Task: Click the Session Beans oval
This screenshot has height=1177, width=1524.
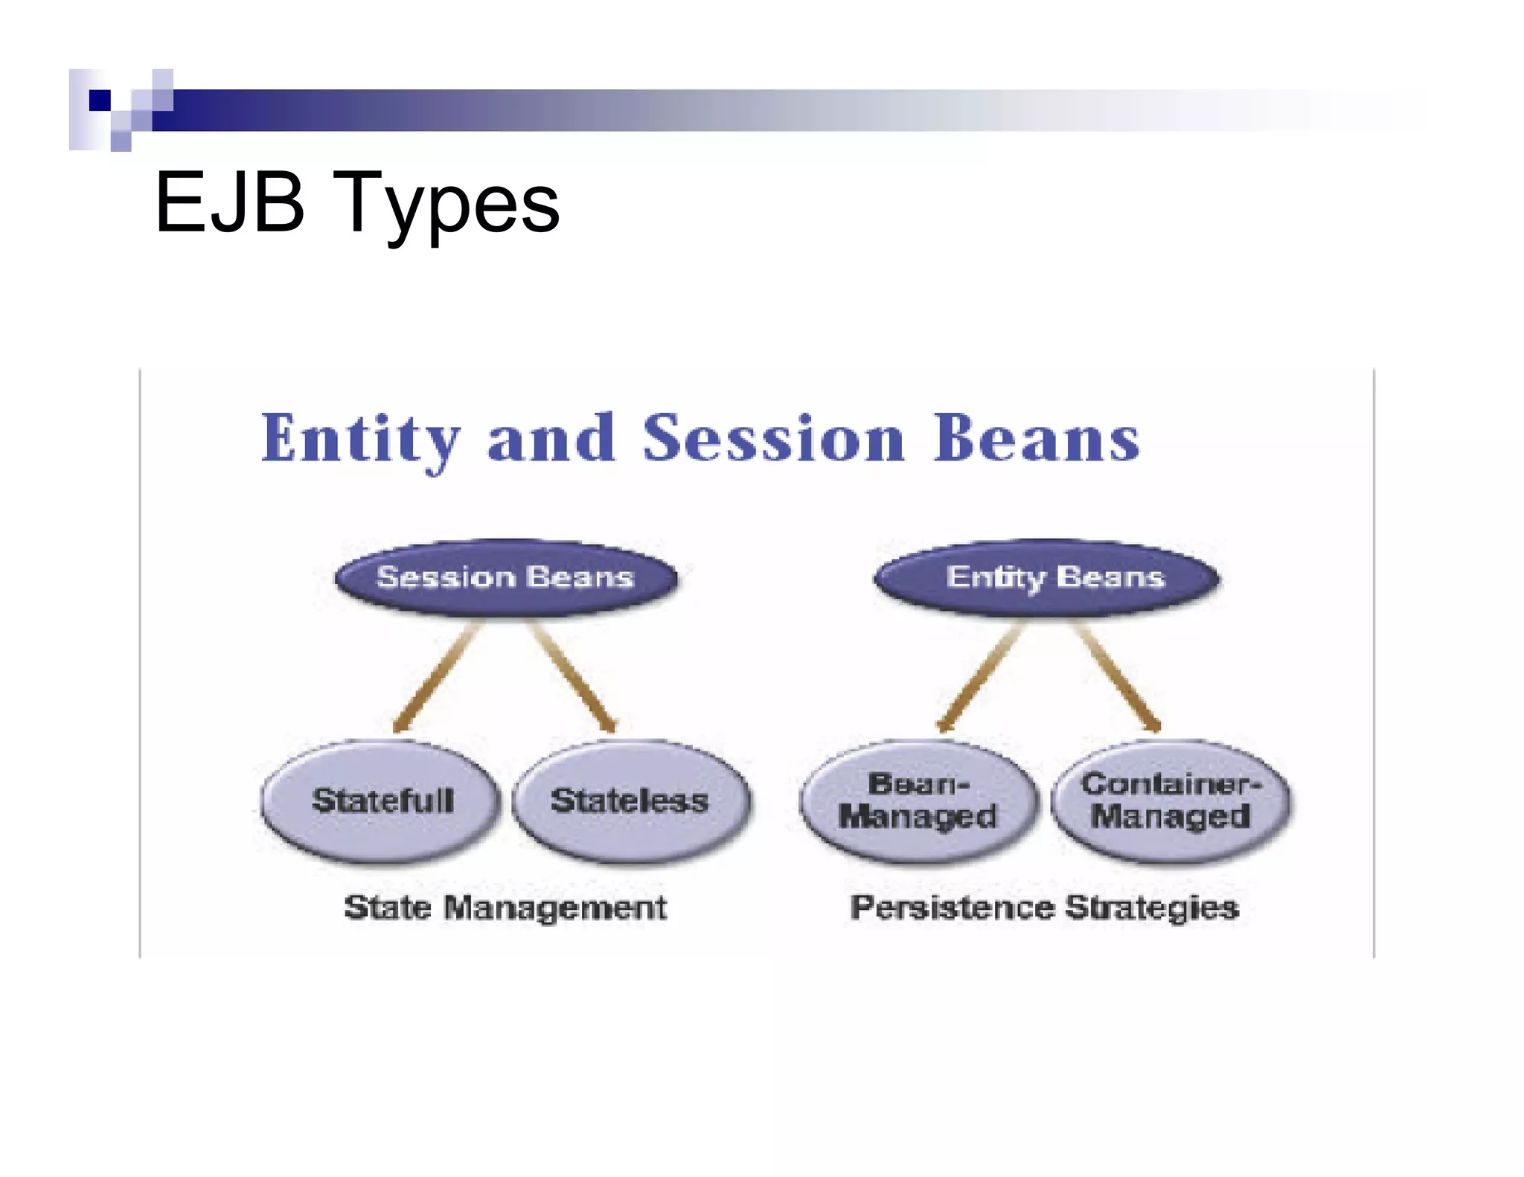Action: (505, 578)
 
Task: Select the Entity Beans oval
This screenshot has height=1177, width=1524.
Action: (1046, 578)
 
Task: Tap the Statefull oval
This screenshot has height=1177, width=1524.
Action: (381, 801)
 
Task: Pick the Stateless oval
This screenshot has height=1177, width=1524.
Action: (631, 801)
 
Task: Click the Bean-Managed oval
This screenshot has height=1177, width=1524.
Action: (918, 801)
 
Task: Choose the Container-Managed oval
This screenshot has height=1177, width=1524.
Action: (1171, 801)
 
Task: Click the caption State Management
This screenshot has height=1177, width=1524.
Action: (505, 908)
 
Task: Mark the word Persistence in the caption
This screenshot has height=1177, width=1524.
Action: (952, 908)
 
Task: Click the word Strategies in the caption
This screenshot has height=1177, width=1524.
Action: (1152, 908)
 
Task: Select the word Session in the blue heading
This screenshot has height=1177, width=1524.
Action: (774, 439)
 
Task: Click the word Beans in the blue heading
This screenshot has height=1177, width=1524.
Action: (1036, 439)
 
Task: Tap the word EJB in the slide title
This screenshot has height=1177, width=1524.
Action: (230, 203)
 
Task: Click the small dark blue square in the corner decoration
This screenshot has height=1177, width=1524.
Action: (100, 100)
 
